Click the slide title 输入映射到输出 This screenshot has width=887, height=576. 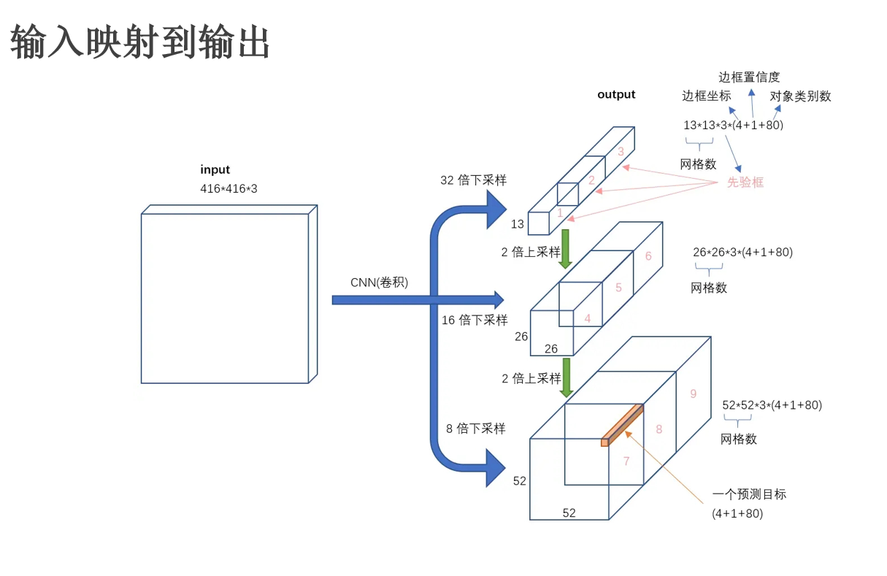coord(140,42)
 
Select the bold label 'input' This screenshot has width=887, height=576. coord(215,170)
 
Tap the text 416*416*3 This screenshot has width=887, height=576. coord(229,189)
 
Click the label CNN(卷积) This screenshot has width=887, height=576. coord(379,283)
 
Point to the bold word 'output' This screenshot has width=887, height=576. coord(616,94)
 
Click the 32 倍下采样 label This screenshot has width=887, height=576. coord(473,180)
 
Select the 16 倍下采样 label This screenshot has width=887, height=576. coord(475,320)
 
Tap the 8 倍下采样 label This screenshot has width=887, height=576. coord(476,429)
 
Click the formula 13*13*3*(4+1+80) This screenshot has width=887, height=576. coord(733,125)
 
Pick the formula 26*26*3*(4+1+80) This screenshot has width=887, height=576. coord(742,253)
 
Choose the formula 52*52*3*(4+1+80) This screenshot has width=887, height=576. coord(772,405)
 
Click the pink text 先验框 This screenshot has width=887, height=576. coord(745,183)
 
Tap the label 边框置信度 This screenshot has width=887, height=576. coord(749,77)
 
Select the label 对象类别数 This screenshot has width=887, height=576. coord(800,96)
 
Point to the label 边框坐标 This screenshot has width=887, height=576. coord(706,96)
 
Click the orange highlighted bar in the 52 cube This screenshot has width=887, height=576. coord(623,424)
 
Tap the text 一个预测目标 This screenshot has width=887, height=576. coord(749,494)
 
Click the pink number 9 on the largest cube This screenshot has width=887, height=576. coord(693,394)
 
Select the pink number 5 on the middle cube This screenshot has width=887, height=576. coord(618,288)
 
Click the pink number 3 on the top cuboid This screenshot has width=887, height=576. coord(621,152)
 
